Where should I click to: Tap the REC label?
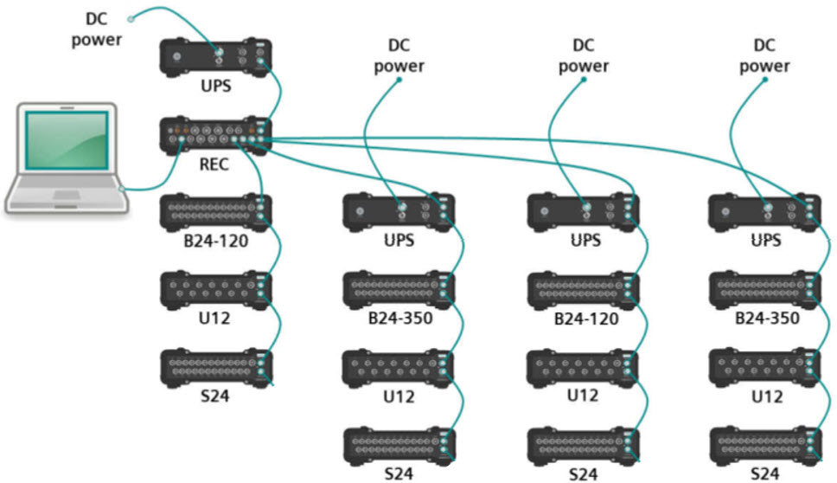click(214, 164)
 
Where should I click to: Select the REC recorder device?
click(216, 135)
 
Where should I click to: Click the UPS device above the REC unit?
click(216, 57)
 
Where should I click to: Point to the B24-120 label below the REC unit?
click(216, 241)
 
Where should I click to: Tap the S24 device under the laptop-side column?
click(216, 367)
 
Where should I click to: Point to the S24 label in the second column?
click(398, 473)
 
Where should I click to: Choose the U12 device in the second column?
click(398, 367)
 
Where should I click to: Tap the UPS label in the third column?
click(581, 241)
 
